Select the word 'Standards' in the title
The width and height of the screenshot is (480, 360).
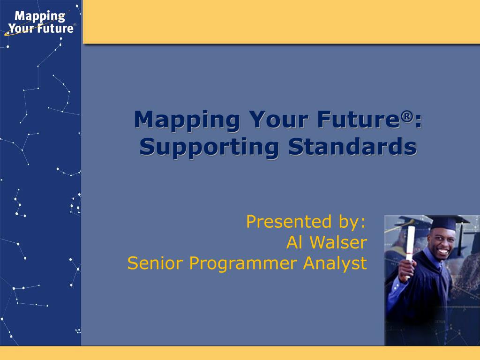[x=352, y=146]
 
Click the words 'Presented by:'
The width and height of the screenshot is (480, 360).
[x=306, y=222]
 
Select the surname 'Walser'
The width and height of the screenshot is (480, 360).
[x=338, y=242]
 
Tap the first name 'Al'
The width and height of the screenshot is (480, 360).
[x=294, y=242]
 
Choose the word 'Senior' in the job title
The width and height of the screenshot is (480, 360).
[x=155, y=263]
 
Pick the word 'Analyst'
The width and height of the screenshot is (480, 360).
[x=335, y=264]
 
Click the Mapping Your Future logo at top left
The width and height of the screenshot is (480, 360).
[x=40, y=22]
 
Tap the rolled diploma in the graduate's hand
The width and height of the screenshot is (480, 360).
[x=410, y=251]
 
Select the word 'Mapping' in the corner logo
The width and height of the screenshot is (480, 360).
[x=40, y=16]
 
